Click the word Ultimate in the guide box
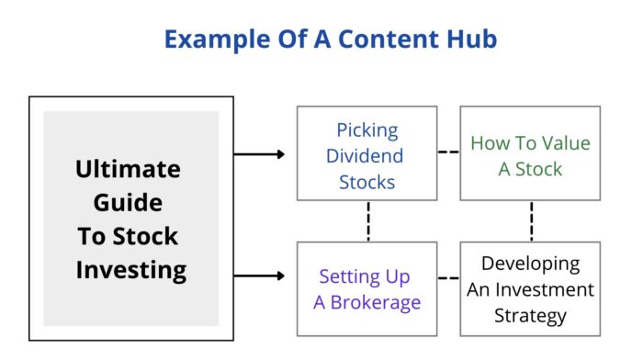click(129, 170)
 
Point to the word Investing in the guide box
click(130, 270)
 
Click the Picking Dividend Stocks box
click(367, 153)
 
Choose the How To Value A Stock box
click(530, 153)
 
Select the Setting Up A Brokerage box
click(367, 288)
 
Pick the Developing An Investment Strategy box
click(530, 288)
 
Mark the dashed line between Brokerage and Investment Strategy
click(448, 276)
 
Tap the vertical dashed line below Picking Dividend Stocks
click(367, 221)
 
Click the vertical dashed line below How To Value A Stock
click(531, 221)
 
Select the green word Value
click(563, 143)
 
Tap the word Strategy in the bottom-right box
click(531, 316)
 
